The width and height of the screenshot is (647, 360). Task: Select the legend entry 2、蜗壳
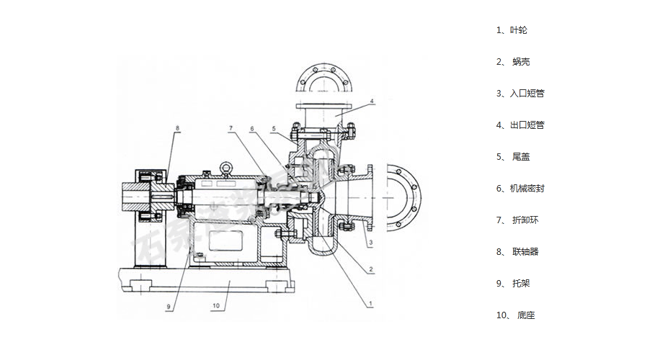click(513, 62)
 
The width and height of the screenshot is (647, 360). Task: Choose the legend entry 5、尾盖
click(513, 157)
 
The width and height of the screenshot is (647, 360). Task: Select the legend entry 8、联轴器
click(517, 252)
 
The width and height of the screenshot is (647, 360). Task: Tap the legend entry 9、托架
click(513, 284)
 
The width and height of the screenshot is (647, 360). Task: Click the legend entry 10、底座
click(516, 315)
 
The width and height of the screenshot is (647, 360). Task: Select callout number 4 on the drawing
click(372, 102)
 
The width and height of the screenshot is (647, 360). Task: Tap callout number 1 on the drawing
click(370, 303)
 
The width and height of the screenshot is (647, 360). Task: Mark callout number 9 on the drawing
click(168, 307)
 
